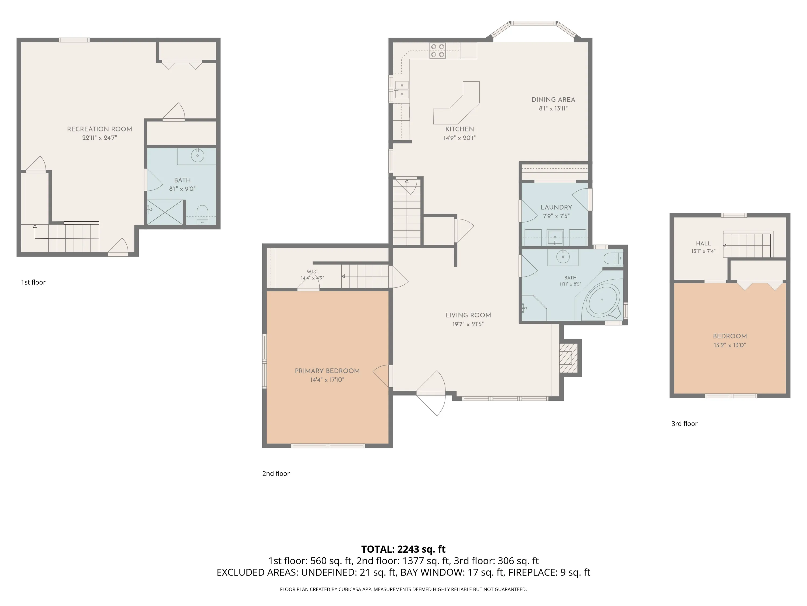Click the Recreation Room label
(100, 129)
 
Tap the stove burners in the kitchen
(437, 51)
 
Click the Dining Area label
(553, 99)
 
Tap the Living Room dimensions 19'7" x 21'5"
(468, 324)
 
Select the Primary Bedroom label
(327, 371)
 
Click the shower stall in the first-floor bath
(165, 212)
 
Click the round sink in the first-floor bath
(197, 155)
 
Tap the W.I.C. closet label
(313, 271)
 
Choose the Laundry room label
(556, 207)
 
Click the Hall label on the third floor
(703, 243)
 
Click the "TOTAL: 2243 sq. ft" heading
(403, 549)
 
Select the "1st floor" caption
(33, 282)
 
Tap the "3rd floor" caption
(684, 423)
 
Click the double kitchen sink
(402, 89)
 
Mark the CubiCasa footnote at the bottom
(403, 589)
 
